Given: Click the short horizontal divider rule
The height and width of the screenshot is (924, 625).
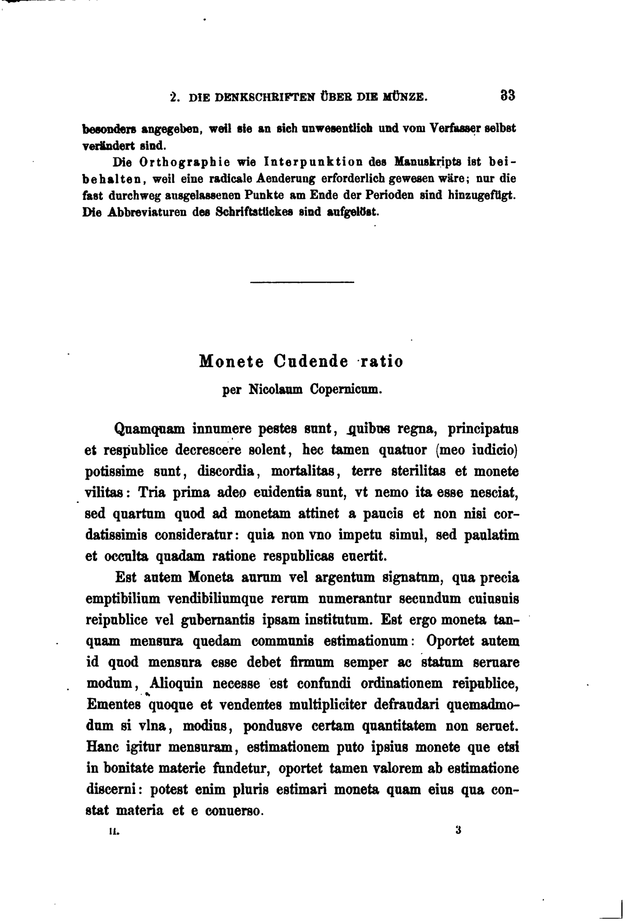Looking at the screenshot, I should click(x=302, y=283).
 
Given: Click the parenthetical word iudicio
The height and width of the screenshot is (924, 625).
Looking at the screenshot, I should click(x=494, y=450).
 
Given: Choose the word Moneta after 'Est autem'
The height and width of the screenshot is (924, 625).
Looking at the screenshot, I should click(x=211, y=577).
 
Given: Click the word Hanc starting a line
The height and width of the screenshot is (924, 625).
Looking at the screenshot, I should click(x=102, y=747).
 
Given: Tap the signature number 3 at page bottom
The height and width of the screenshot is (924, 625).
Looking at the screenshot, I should click(x=458, y=830).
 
